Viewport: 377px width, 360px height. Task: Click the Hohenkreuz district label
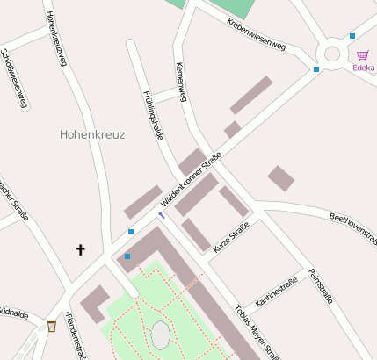point(92,135)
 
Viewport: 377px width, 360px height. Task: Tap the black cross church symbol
point(81,250)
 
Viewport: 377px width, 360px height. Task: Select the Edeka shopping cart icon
point(362,55)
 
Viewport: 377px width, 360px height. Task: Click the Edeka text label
point(363,68)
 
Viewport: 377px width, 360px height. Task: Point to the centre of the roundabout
point(332,54)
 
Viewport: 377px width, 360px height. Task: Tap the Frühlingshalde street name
point(153,114)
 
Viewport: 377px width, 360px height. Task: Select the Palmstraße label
point(320,286)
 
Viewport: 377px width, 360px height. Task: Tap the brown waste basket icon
point(52,328)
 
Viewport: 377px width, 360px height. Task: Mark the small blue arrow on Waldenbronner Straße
point(161,214)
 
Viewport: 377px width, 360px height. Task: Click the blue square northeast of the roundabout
point(352,36)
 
